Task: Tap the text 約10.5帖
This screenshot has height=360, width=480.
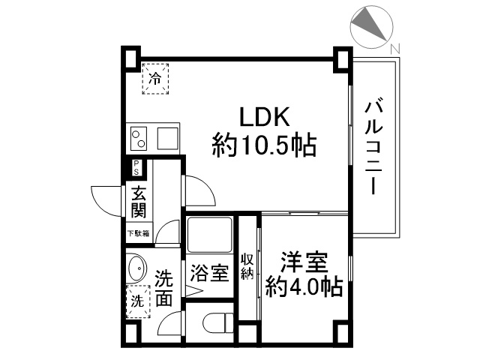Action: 263,144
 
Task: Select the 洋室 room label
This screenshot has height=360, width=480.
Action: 304,263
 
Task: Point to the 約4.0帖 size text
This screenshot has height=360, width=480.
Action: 304,286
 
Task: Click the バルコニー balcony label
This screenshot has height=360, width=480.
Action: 373,148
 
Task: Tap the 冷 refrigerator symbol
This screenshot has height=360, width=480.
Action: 156,77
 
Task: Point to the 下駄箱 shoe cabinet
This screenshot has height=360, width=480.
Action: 138,233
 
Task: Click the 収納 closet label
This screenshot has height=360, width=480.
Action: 247,266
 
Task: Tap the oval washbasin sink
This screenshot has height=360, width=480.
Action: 136,268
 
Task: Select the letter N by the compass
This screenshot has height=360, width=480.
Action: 395,49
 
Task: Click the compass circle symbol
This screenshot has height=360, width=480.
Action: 370,25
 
